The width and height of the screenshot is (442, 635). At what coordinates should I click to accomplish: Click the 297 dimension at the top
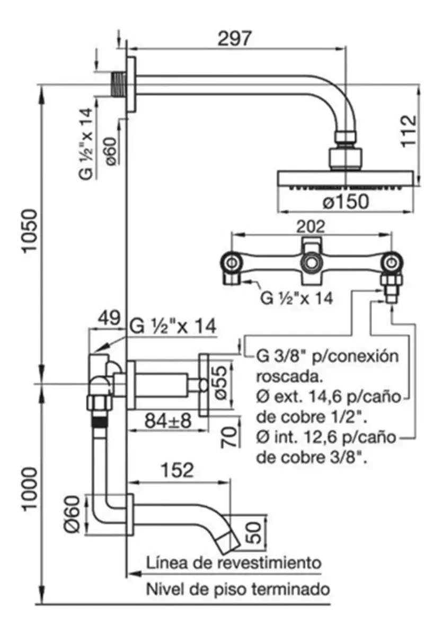(234, 38)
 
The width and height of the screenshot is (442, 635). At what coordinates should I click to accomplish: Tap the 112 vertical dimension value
(409, 131)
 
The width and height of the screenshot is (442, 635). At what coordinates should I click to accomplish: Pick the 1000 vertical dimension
(30, 489)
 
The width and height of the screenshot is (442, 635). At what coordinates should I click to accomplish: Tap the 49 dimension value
(109, 318)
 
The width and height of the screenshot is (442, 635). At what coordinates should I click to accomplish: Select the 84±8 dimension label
(169, 421)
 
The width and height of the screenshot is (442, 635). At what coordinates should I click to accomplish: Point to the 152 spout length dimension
(177, 470)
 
